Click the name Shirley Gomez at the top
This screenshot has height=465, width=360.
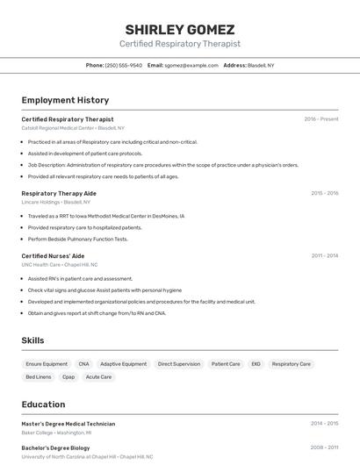(179, 28)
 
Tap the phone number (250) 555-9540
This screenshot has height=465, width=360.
(123, 65)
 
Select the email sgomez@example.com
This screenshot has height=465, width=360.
(191, 65)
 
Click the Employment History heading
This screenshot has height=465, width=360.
(65, 100)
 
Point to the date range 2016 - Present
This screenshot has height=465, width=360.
(321, 118)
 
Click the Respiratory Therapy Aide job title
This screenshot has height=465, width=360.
(59, 193)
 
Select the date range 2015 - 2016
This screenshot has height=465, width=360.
(324, 193)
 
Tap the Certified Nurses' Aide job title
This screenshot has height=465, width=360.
(53, 255)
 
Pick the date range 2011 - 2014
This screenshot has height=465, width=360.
(324, 255)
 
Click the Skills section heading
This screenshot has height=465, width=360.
(32, 340)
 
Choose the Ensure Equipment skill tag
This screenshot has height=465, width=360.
(47, 363)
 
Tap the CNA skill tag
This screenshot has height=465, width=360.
(83, 363)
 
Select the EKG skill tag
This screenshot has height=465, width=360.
(256, 363)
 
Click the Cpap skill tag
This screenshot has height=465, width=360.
(68, 377)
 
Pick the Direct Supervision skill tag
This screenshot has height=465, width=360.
(179, 363)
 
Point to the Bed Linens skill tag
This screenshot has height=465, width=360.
(39, 377)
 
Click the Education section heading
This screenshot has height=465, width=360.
(43, 404)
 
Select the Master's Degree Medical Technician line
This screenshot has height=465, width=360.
(68, 424)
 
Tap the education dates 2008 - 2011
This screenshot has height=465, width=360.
(324, 447)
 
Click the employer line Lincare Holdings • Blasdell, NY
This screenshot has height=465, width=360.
(55, 202)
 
